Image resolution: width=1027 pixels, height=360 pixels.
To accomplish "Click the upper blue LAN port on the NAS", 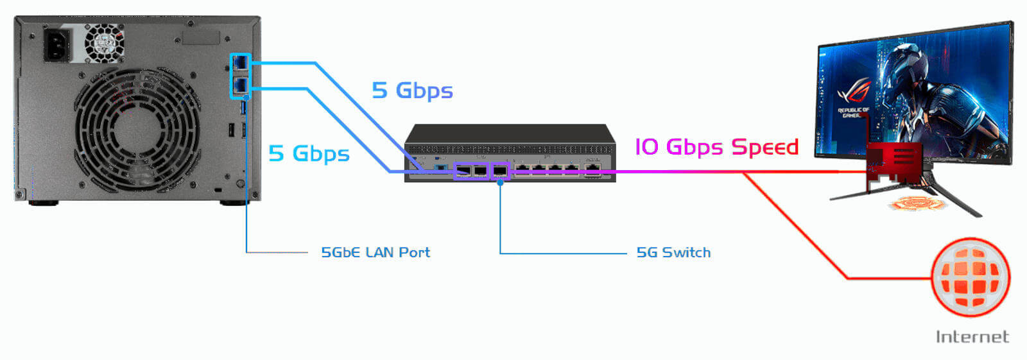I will pyautogui.click(x=241, y=63).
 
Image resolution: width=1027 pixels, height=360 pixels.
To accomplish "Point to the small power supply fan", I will pyautogui.click(x=104, y=42).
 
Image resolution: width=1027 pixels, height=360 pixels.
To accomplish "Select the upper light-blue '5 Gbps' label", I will pyautogui.click(x=412, y=90).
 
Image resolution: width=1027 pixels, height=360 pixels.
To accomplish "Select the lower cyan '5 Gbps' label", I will pyautogui.click(x=309, y=153).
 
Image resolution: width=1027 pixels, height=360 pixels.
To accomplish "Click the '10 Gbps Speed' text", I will pyautogui.click(x=716, y=147).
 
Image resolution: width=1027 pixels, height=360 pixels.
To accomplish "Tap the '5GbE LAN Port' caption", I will pyautogui.click(x=375, y=252).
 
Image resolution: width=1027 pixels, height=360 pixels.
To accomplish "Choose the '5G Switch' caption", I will pyautogui.click(x=673, y=252).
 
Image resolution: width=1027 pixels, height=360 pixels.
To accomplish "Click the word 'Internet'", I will pyautogui.click(x=972, y=337).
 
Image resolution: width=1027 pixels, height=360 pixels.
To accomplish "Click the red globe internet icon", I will pyautogui.click(x=971, y=278).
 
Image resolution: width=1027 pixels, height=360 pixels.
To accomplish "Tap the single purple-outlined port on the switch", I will pyautogui.click(x=500, y=171).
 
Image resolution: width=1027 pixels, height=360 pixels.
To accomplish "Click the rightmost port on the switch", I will pyautogui.click(x=592, y=169).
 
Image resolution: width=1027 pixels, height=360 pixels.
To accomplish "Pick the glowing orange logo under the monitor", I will pyautogui.click(x=918, y=203).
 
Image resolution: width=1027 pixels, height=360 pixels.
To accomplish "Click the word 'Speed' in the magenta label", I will pyautogui.click(x=765, y=147).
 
